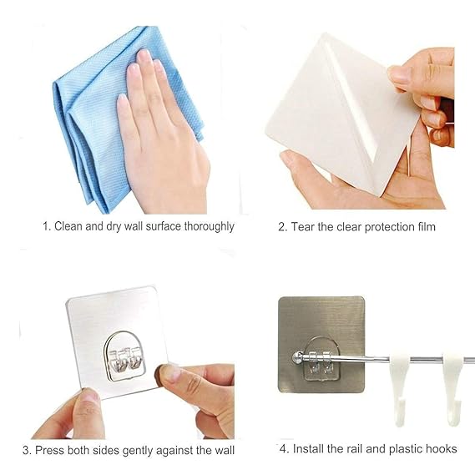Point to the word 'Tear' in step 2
[304, 227]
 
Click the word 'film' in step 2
[424, 227]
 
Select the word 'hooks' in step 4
[441, 449]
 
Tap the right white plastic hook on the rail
[453, 384]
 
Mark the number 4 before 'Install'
[283, 449]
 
